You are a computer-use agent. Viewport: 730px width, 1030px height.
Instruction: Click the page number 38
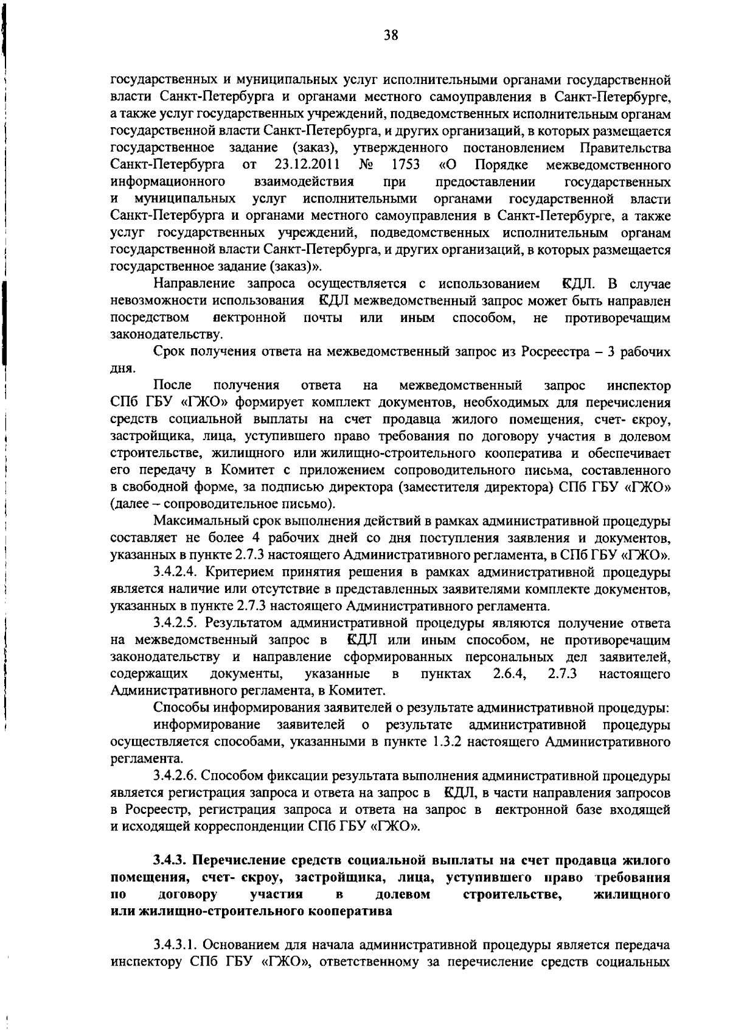pyautogui.click(x=391, y=35)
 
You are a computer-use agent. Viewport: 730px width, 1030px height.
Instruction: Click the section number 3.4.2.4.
pyautogui.click(x=177, y=572)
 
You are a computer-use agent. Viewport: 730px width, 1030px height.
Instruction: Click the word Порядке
pyautogui.click(x=501, y=165)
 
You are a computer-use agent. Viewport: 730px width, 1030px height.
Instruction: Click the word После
pyautogui.click(x=173, y=386)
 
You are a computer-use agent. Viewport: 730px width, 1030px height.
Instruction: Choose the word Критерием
pyautogui.click(x=238, y=572)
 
